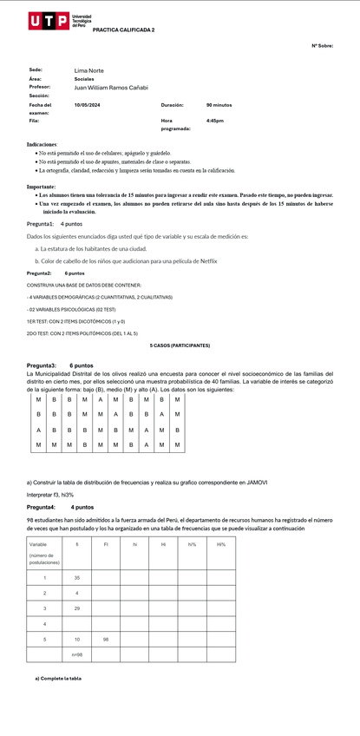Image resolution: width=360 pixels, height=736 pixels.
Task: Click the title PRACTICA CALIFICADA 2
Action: pos(123,30)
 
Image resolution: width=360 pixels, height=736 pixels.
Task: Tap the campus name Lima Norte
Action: pos(88,70)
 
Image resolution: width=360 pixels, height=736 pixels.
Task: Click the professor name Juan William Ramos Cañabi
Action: pos(111,88)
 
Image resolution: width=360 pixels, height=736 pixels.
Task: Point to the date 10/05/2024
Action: pos(87,105)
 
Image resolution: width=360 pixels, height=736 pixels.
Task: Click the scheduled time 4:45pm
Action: pos(215,121)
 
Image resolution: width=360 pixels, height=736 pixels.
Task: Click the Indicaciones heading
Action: pos(43,144)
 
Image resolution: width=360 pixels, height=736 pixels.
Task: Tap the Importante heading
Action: pos(42,187)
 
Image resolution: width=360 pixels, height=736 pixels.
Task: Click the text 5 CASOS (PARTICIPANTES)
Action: pos(180,345)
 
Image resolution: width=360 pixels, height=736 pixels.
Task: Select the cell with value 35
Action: pos(77,577)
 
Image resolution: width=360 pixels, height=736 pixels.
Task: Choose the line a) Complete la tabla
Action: pos(58,678)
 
